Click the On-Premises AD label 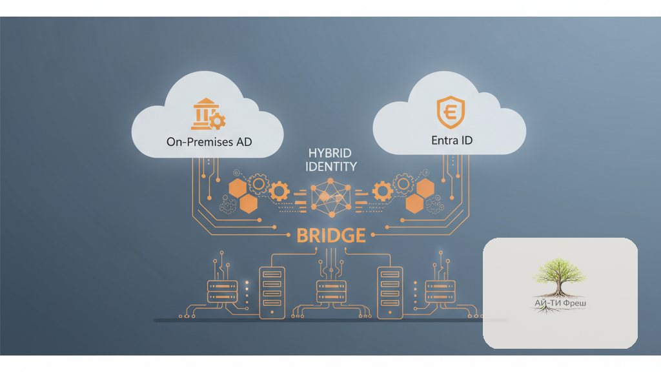pyautogui.click(x=209, y=141)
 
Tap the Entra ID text pyautogui.click(x=451, y=140)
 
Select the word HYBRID pyautogui.click(x=330, y=152)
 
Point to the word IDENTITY pyautogui.click(x=331, y=167)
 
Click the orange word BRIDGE pyautogui.click(x=331, y=235)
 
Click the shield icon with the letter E pyautogui.click(x=451, y=112)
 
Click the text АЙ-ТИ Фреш pyautogui.click(x=560, y=303)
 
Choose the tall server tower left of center pyautogui.click(x=272, y=293)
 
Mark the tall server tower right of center pyautogui.click(x=390, y=293)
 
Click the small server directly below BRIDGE pyautogui.click(x=331, y=291)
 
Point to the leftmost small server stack pyautogui.click(x=222, y=291)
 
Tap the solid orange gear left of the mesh pyautogui.click(x=279, y=191)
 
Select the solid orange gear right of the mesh pyautogui.click(x=382, y=191)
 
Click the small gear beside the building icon pyautogui.click(x=218, y=121)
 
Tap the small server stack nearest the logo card pyautogui.click(x=440, y=291)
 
